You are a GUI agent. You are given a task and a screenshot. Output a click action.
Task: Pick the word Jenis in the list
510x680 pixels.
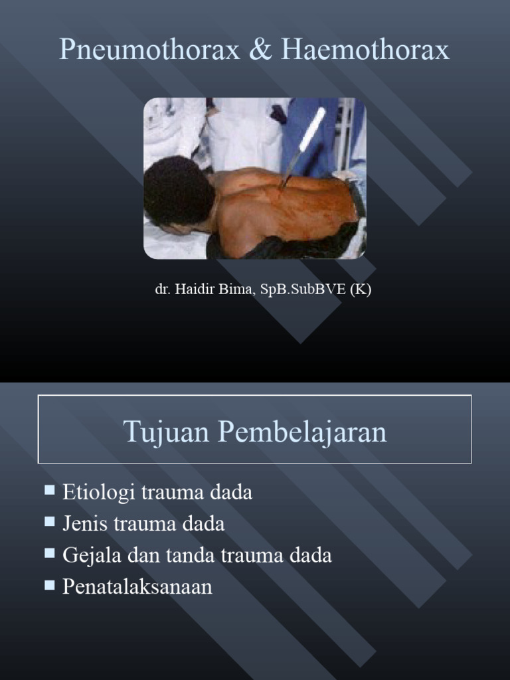pyautogui.click(x=86, y=524)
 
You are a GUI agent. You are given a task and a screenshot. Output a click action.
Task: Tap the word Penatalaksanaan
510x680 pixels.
pyautogui.click(x=137, y=586)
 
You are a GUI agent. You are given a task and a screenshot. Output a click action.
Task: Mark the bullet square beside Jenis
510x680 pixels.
pyautogui.click(x=50, y=522)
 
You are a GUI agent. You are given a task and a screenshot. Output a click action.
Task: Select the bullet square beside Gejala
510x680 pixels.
pyautogui.click(x=50, y=553)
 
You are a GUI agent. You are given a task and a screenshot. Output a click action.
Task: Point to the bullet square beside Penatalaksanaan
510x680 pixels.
pyautogui.click(x=50, y=584)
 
